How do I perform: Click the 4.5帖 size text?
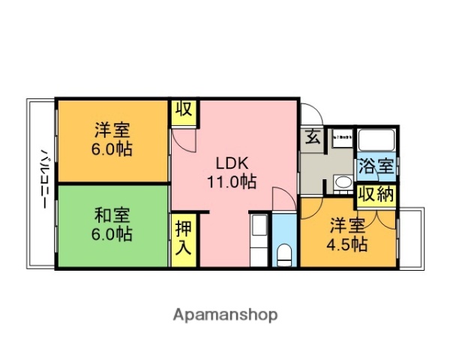pyautogui.click(x=347, y=244)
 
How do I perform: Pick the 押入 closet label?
pyautogui.click(x=182, y=238)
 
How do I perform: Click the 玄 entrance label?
pyautogui.click(x=311, y=138)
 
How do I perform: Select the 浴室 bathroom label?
pyautogui.click(x=375, y=166)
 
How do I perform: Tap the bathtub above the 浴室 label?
pyautogui.click(x=375, y=140)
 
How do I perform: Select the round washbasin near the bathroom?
pyautogui.click(x=341, y=182)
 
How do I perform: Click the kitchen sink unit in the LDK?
pyautogui.click(x=257, y=229)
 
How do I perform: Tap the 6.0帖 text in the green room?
pyautogui.click(x=112, y=234)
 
